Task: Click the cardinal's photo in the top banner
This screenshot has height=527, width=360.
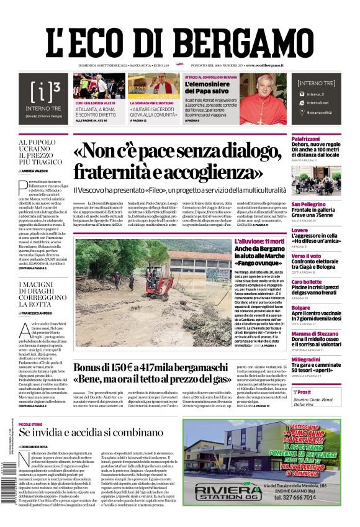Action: [x=263, y=99]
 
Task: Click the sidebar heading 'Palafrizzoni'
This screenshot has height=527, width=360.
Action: [x=309, y=138]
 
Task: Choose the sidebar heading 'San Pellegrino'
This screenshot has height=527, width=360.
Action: [x=308, y=204]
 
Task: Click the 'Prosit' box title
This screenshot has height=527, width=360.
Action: [x=304, y=392]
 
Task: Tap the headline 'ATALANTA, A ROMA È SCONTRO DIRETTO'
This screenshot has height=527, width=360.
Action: [x=98, y=113]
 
